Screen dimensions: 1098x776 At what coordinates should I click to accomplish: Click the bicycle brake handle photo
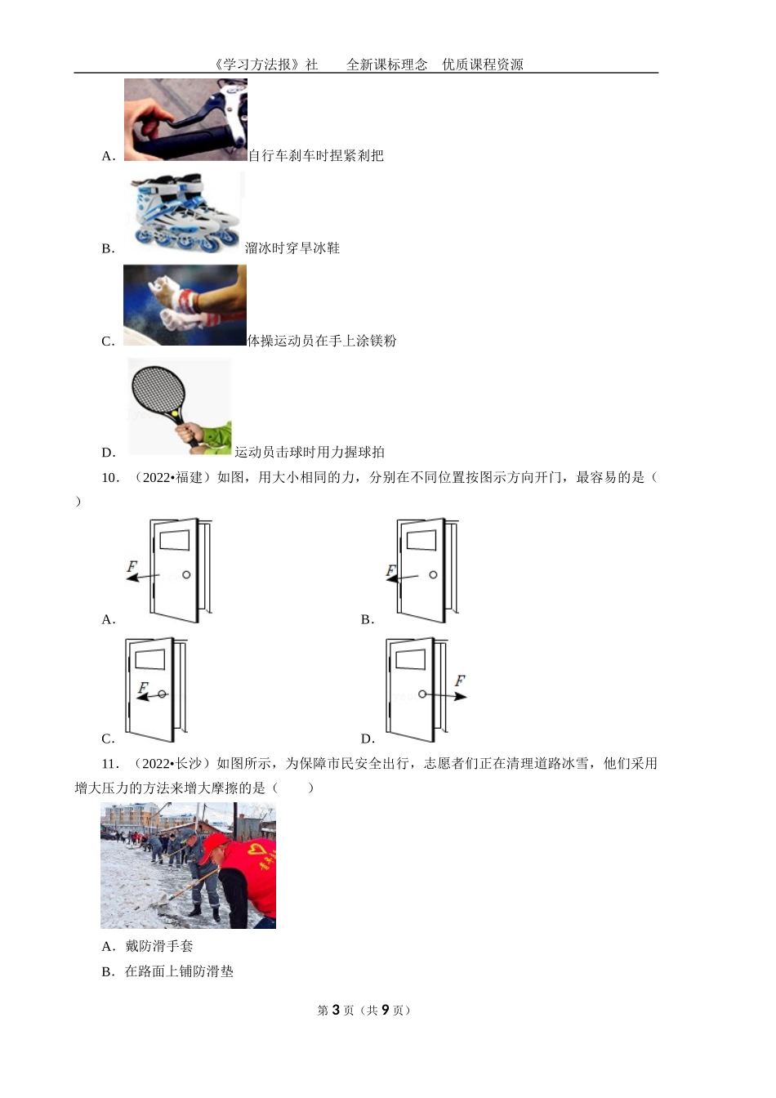pos(185,119)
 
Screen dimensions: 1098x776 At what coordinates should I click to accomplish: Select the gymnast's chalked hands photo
pos(185,305)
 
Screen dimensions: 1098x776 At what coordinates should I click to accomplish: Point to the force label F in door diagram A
pos(132,565)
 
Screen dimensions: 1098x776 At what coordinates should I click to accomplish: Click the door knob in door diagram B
pos(433,574)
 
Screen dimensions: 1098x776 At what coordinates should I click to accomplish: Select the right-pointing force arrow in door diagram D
pos(446,695)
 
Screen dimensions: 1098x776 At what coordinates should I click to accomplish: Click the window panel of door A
pos(174,540)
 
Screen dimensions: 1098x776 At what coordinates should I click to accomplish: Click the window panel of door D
pos(410,659)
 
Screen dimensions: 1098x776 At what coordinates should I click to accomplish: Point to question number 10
pos(110,478)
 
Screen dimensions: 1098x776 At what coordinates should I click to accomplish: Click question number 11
pos(110,764)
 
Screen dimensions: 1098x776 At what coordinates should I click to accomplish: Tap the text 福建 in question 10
pos(190,478)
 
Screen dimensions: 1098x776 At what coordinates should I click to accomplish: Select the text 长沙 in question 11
pos(190,764)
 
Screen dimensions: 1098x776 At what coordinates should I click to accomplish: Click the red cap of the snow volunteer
pos(214,843)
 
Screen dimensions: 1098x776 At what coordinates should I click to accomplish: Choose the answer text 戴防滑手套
pos(159,947)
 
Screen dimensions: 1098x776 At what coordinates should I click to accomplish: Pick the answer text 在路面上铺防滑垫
pos(179,971)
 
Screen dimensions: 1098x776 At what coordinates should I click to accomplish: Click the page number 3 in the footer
pos(335,1010)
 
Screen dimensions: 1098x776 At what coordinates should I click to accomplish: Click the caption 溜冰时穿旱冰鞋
pos(292,248)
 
